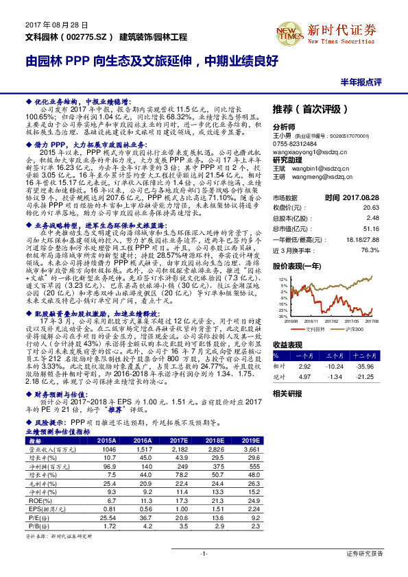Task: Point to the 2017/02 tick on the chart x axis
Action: [x=332, y=319]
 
